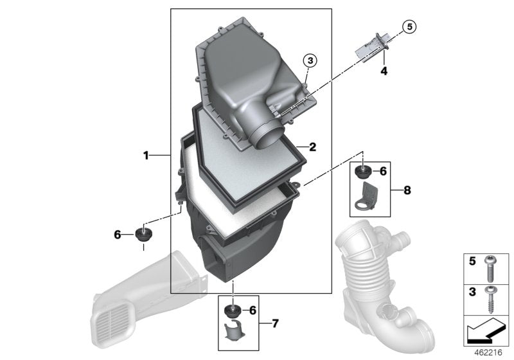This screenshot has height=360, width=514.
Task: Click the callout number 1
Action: (x=146, y=155)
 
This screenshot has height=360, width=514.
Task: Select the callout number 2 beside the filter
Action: (x=312, y=147)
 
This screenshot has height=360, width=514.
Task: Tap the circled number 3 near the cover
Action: (x=310, y=60)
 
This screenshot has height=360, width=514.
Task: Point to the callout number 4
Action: (x=384, y=71)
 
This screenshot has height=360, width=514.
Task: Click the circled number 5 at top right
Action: (x=409, y=26)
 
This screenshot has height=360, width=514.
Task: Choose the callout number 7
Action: (x=275, y=323)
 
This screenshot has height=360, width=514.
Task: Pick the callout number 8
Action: (x=407, y=190)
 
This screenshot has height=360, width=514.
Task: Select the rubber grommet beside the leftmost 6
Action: (x=142, y=233)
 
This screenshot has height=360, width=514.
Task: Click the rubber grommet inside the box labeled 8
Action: (x=364, y=172)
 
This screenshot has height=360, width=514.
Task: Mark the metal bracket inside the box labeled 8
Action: (x=368, y=197)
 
